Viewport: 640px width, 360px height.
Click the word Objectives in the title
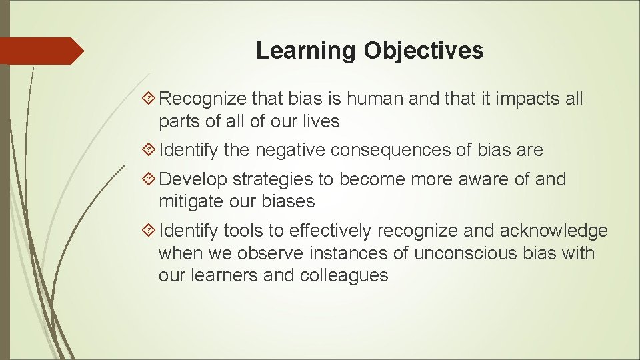tap(423, 51)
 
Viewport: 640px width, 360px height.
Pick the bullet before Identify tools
tap(151, 231)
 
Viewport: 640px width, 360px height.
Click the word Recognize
tap(203, 99)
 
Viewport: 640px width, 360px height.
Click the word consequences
tap(397, 151)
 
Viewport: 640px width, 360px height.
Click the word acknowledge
tap(553, 231)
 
